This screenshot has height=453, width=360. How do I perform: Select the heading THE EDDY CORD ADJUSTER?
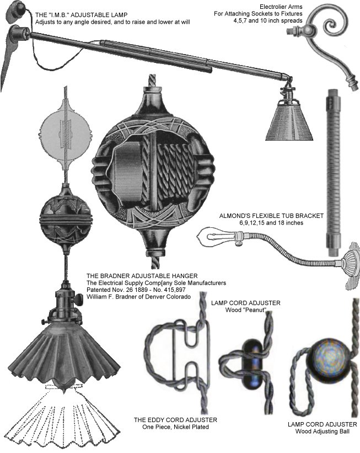click(175, 420)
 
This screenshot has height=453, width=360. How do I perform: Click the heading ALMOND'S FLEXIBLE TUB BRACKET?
click(271, 216)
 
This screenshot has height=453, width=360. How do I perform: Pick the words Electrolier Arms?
click(281, 7)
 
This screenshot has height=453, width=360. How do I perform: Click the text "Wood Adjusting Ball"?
click(322, 431)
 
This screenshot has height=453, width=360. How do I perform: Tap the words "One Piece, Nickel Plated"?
click(175, 427)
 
